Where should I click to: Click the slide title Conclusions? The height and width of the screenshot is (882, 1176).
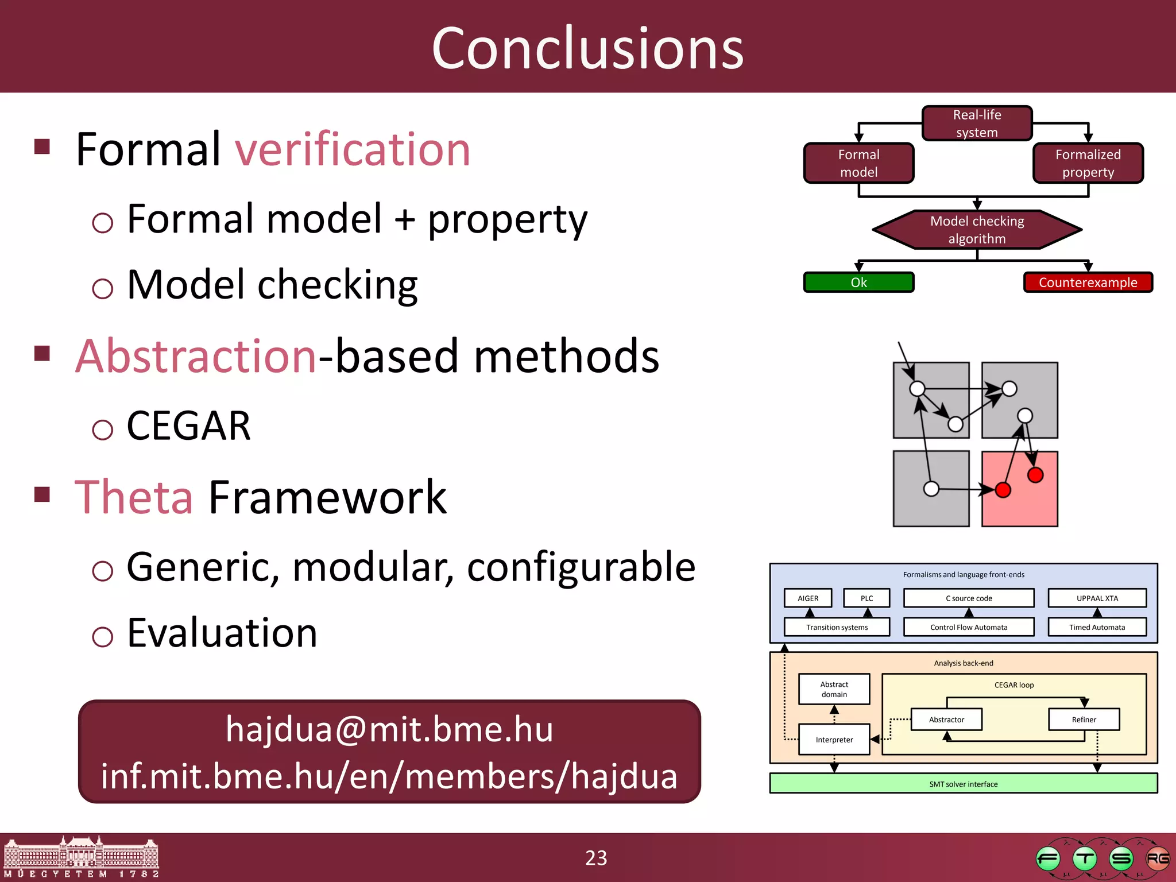[587, 49]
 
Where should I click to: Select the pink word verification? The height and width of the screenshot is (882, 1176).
[353, 150]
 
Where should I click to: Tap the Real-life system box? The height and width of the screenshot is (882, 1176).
[977, 123]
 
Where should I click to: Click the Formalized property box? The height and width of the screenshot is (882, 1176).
[1088, 164]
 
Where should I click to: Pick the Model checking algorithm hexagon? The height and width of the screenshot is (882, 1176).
[977, 230]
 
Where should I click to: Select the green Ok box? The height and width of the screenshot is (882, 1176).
[858, 283]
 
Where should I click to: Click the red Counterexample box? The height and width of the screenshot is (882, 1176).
[1088, 283]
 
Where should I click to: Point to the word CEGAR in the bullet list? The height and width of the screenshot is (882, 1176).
[188, 426]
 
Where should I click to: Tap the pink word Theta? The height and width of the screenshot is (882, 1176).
[134, 497]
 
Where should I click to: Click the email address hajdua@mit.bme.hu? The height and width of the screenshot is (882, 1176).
[389, 729]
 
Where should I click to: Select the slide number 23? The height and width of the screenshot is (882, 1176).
[595, 858]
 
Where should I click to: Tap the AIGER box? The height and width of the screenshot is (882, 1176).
[808, 598]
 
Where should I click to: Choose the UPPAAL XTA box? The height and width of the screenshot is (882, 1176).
[1097, 598]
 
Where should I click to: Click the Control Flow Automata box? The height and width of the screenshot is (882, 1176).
[969, 627]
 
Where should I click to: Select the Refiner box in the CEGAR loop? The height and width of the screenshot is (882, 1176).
[1084, 719]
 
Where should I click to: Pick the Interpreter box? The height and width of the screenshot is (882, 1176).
[834, 740]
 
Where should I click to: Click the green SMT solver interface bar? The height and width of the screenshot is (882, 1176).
[963, 784]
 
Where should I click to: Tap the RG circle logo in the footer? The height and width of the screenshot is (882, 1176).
[1157, 859]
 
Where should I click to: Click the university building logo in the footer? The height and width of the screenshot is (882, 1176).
[80, 856]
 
